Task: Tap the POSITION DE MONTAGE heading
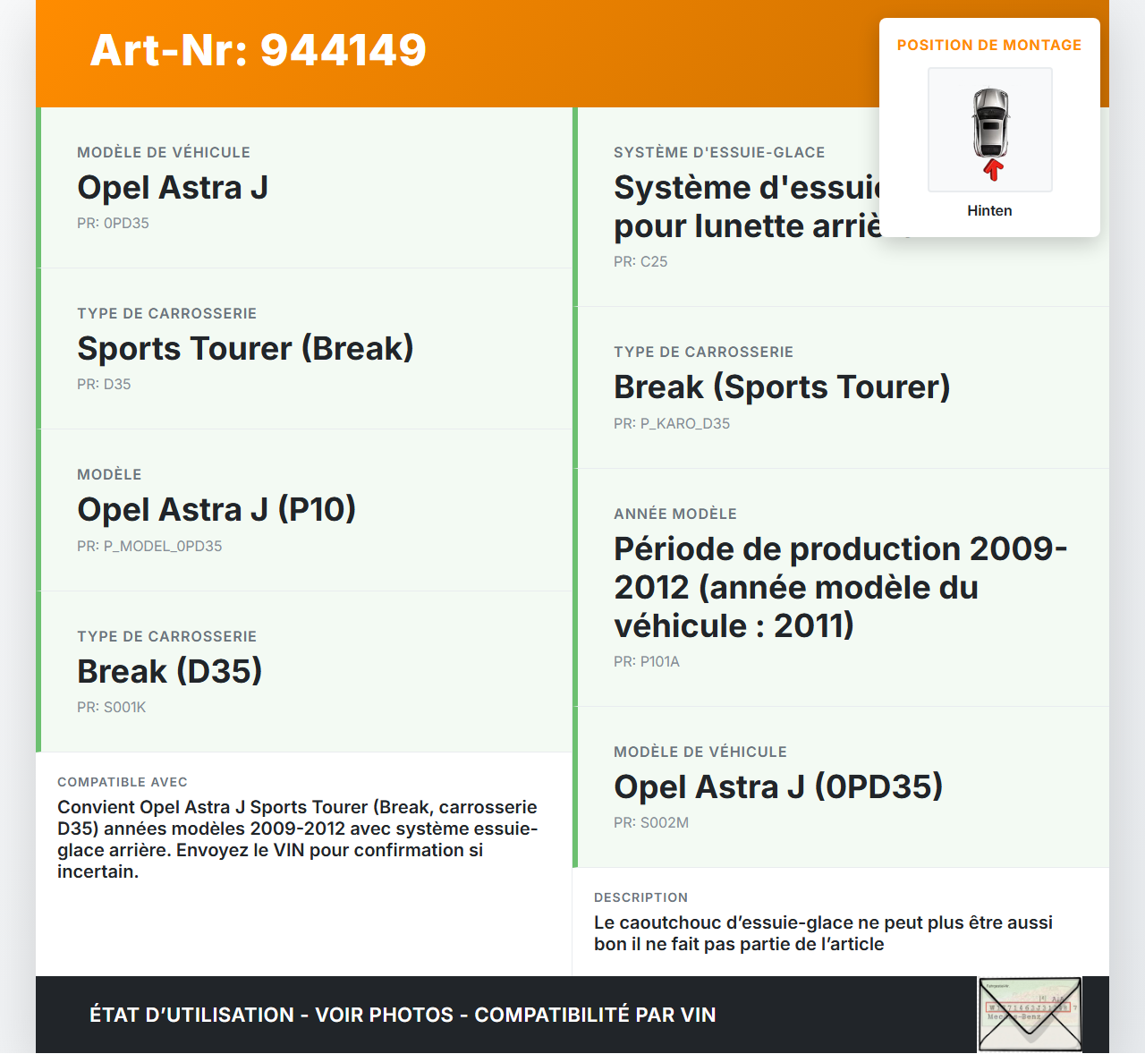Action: (x=988, y=45)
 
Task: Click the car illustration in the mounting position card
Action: (x=990, y=123)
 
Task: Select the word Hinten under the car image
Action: (x=989, y=210)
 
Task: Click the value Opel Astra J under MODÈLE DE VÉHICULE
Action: (x=173, y=188)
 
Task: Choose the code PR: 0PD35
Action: (x=113, y=223)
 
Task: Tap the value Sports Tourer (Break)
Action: (x=245, y=349)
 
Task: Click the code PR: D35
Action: (x=104, y=384)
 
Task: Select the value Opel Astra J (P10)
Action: (x=216, y=510)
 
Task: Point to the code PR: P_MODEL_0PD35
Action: (x=149, y=546)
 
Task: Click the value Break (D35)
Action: (x=169, y=671)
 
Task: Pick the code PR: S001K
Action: (x=111, y=707)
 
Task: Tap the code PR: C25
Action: (x=640, y=261)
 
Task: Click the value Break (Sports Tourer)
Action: (x=782, y=387)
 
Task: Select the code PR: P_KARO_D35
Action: (x=672, y=423)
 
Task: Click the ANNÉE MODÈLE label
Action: (x=675, y=514)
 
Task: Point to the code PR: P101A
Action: (x=647, y=661)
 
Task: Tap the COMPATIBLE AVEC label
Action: (x=123, y=782)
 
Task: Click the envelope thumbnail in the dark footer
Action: (x=1030, y=1014)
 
